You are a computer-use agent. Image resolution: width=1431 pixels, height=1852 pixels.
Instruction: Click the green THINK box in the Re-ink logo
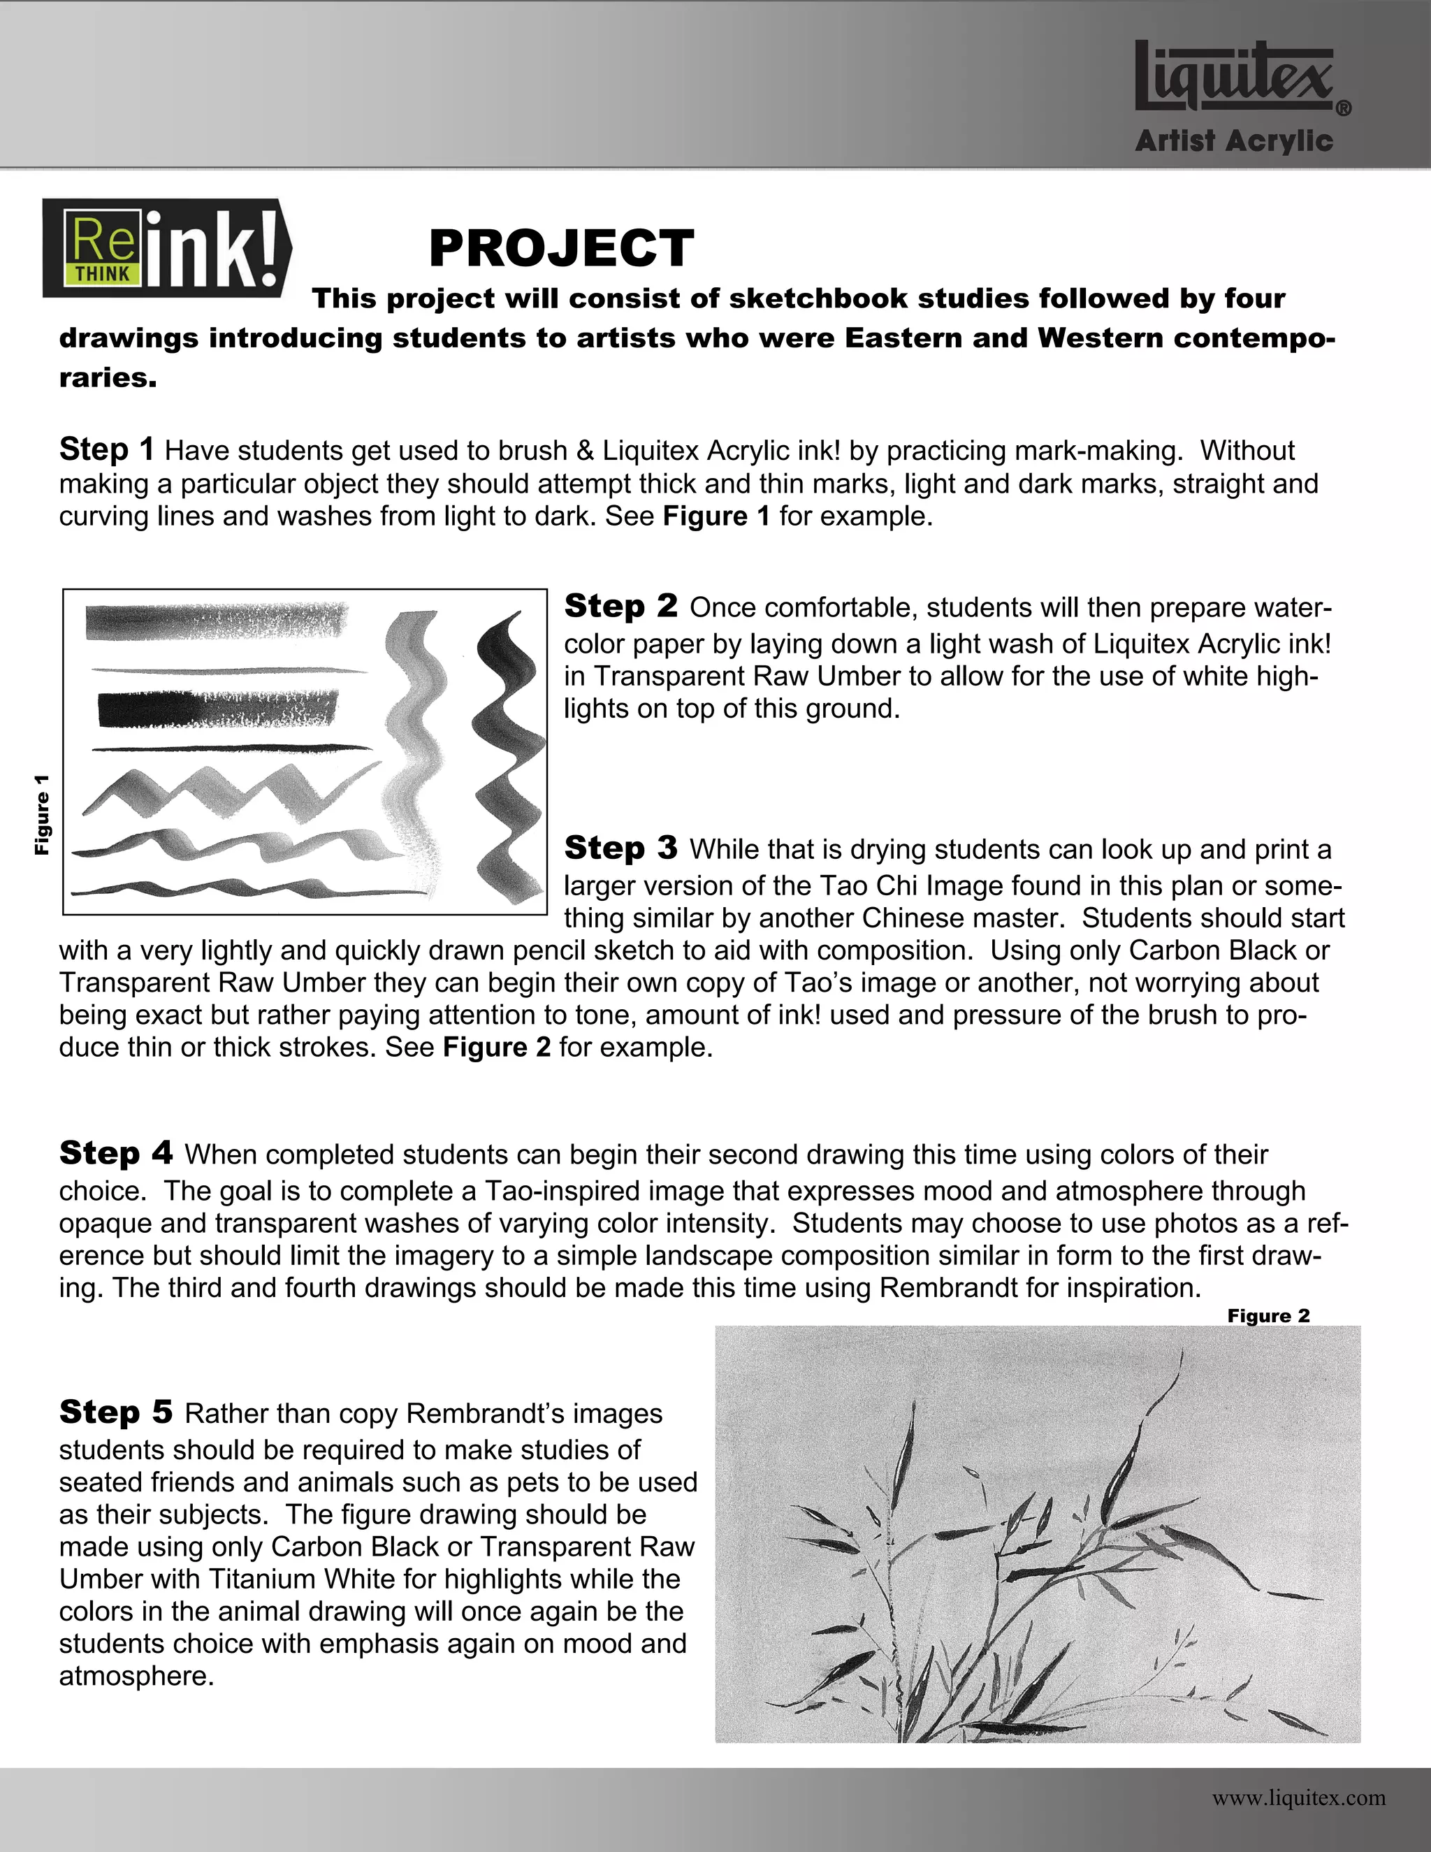(x=103, y=274)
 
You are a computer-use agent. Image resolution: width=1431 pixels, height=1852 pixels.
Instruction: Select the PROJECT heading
(x=561, y=249)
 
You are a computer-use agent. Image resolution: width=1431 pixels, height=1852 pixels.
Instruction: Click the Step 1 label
(x=107, y=449)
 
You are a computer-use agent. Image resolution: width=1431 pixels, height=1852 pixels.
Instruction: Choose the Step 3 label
(x=620, y=848)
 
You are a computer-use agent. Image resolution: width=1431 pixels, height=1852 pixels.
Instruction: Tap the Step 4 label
(x=115, y=1153)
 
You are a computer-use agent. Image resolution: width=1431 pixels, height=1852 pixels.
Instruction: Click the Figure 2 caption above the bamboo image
(x=1268, y=1315)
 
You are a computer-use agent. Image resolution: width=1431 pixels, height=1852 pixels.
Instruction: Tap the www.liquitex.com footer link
(x=1299, y=1797)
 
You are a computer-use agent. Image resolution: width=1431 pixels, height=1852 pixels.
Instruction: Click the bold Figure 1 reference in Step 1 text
(x=716, y=516)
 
